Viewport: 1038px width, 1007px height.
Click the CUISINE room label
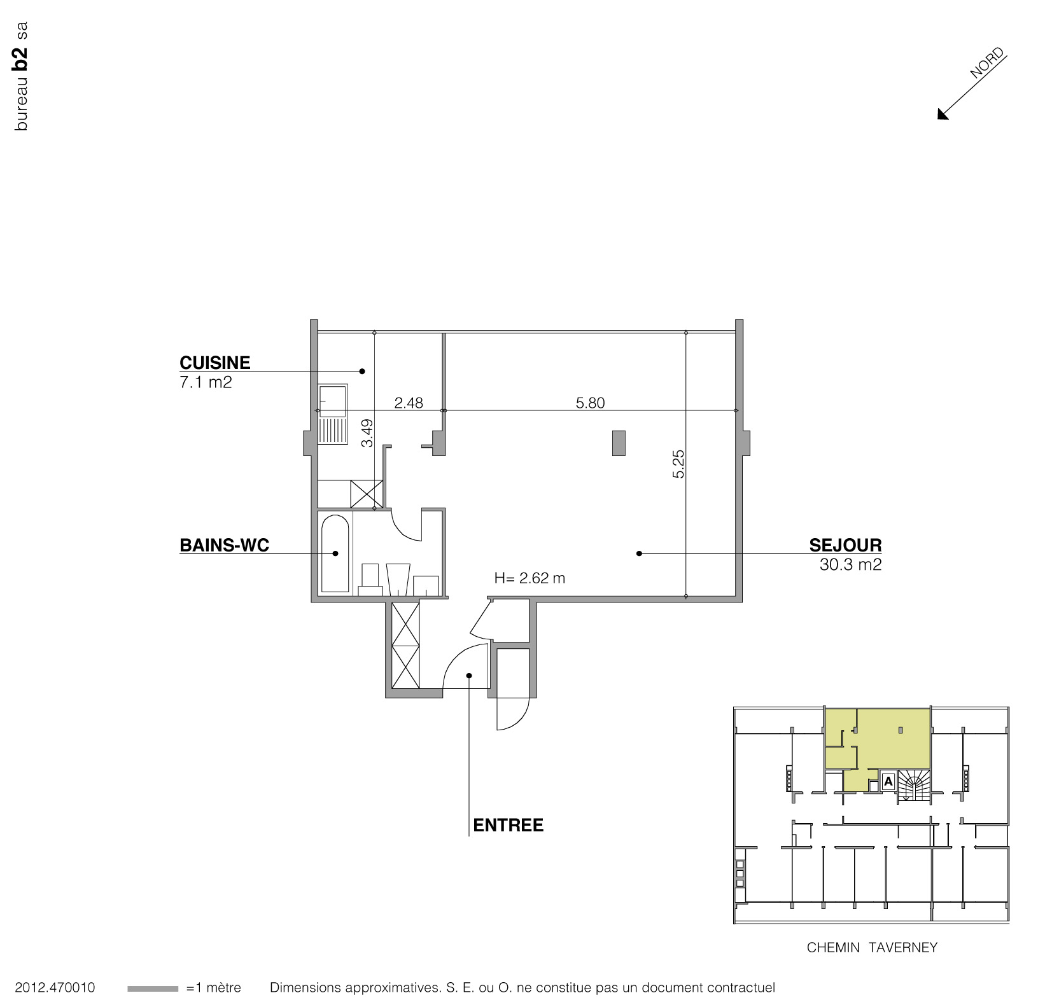pos(214,363)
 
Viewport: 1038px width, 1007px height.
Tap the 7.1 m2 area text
pos(206,383)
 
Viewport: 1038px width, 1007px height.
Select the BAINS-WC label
pos(224,545)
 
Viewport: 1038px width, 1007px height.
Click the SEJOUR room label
pos(845,545)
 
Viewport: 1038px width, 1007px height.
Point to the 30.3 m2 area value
pos(850,565)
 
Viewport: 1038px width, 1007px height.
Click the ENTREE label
pos(508,826)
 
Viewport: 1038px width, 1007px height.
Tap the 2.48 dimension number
pos(409,403)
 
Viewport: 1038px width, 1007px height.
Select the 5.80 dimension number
pos(590,403)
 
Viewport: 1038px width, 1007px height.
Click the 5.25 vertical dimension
pos(678,464)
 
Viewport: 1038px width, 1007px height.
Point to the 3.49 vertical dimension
pos(367,433)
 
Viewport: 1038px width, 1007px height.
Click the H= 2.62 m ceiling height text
pos(530,578)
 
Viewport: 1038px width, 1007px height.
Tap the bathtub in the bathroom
pos(335,553)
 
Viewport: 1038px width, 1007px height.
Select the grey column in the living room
pos(618,443)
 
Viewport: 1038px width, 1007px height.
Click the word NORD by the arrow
pos(986,64)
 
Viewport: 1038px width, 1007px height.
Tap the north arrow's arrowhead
pos(942,115)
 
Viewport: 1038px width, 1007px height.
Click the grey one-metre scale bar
pos(153,989)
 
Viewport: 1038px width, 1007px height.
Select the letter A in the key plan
pos(888,781)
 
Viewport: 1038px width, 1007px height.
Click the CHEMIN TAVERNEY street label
pos(872,948)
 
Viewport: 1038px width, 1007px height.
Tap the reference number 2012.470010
pos(55,988)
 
